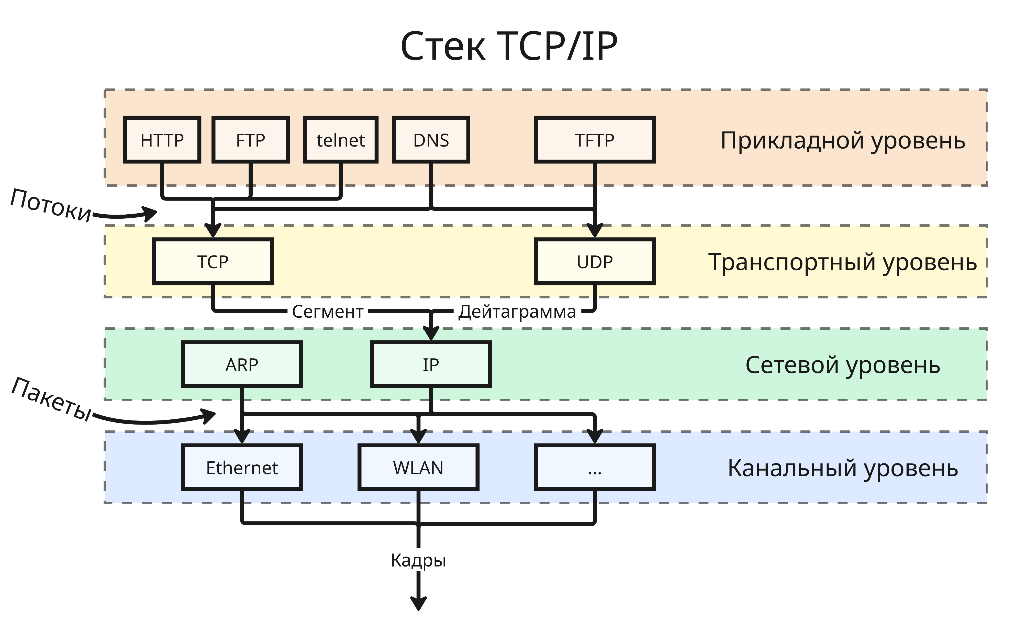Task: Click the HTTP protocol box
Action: pos(162,140)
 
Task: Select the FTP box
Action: pos(251,140)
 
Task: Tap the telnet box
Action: pos(341,140)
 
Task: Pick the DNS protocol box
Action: pos(431,140)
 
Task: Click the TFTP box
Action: pos(595,140)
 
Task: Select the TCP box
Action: pos(213,262)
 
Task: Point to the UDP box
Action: pos(595,262)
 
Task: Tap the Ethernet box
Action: pos(242,468)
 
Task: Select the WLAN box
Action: pos(418,468)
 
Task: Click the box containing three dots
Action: pos(595,468)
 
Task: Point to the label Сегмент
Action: pos(327,312)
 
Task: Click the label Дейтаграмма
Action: pos(517,312)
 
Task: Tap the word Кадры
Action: pos(418,560)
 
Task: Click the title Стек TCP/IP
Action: pos(508,46)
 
